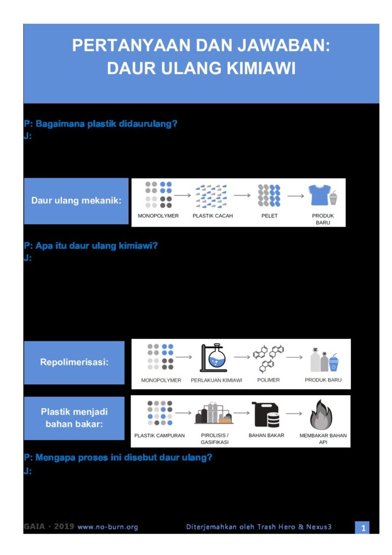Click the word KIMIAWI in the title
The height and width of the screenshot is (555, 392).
[261, 68]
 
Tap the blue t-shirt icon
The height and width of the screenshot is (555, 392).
[319, 195]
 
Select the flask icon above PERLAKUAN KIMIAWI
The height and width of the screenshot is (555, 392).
[213, 358]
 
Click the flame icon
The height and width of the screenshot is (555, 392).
[321, 415]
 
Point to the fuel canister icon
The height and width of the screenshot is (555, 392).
[265, 415]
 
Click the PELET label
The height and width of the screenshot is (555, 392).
[269, 216]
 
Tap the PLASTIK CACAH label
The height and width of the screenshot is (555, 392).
[213, 216]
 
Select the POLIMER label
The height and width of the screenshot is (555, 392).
[269, 380]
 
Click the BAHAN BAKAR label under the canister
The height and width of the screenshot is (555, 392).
[266, 435]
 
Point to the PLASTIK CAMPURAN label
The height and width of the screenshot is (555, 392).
[159, 435]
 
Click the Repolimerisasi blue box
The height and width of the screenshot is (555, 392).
[74, 363]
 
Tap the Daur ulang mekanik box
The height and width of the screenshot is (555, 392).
[76, 201]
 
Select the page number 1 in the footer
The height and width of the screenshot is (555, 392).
[363, 528]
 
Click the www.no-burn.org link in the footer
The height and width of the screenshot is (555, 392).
[108, 527]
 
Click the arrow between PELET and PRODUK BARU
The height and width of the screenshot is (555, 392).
[296, 196]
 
